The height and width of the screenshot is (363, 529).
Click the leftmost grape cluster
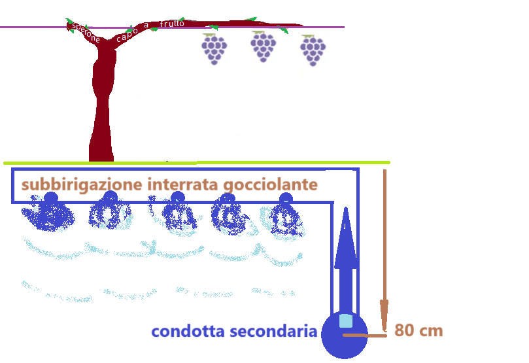(x=214, y=49)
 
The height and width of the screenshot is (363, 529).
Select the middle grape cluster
(x=263, y=47)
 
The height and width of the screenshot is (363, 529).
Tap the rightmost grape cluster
(x=313, y=50)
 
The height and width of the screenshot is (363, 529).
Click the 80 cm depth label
(x=418, y=331)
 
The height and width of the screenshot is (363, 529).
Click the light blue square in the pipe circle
(x=346, y=321)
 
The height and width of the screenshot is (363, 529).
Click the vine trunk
(x=101, y=111)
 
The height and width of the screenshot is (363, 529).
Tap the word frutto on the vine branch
(x=172, y=24)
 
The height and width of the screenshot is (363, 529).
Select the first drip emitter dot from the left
(x=51, y=198)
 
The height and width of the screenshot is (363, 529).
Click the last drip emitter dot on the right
(x=286, y=198)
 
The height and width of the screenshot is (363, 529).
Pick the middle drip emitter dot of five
(x=177, y=198)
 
